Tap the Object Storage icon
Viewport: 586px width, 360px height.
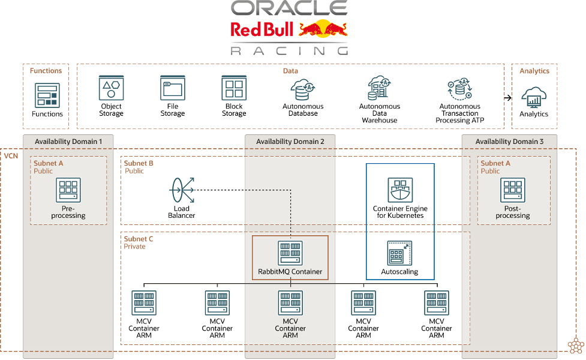click(111, 88)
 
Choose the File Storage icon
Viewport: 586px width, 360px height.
click(172, 88)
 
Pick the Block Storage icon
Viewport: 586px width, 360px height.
click(234, 88)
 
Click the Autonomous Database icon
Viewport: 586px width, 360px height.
click(303, 89)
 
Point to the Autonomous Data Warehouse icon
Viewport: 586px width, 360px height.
click(379, 88)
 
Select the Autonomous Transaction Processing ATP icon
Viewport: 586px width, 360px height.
click(459, 89)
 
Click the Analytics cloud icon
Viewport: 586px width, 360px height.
click(533, 97)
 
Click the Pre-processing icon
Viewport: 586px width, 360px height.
click(68, 190)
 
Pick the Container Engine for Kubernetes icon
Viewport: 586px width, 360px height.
click(400, 190)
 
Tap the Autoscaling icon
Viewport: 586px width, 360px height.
click(399, 253)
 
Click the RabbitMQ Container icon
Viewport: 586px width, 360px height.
click(290, 253)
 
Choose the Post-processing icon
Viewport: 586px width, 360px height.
click(513, 190)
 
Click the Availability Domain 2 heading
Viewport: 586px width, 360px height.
click(290, 142)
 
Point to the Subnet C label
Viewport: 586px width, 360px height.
click(139, 239)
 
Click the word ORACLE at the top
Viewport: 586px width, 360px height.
click(290, 8)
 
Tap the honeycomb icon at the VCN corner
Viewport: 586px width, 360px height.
click(575, 346)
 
